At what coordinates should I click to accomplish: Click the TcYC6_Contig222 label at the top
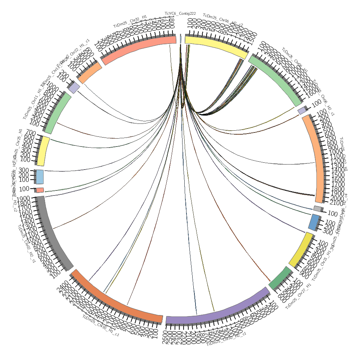pyautogui.click(x=180, y=14)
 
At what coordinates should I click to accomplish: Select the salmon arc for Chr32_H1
pyautogui.click(x=139, y=49)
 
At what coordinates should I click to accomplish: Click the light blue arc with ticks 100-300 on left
pyautogui.click(x=40, y=177)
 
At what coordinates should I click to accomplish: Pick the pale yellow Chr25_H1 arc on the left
pyautogui.click(x=44, y=151)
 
